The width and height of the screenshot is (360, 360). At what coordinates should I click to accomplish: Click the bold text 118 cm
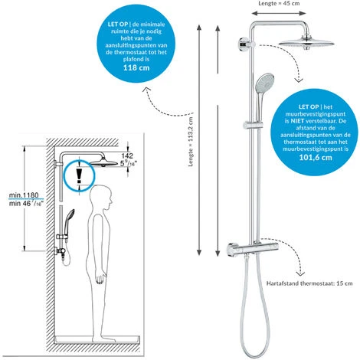136,67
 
